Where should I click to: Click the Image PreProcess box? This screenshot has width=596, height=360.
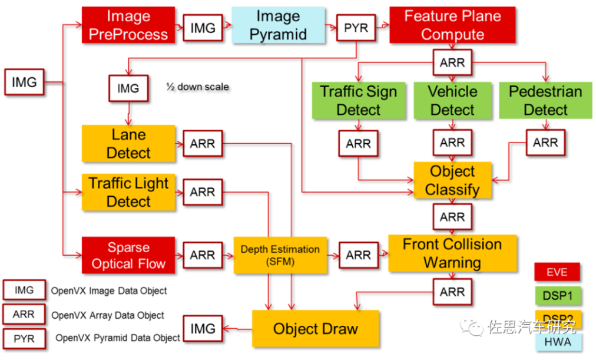(x=128, y=25)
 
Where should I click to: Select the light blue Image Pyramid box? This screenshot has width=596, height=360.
(x=278, y=25)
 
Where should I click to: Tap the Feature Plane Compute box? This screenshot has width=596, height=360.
(x=452, y=25)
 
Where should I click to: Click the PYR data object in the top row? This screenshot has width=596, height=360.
(x=356, y=28)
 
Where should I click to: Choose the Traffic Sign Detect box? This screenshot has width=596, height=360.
(x=359, y=101)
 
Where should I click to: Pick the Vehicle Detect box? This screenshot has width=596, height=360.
(x=452, y=101)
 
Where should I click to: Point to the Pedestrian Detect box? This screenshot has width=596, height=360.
(x=545, y=101)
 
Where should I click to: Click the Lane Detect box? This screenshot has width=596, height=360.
(x=128, y=144)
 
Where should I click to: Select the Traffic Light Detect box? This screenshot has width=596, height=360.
(x=128, y=192)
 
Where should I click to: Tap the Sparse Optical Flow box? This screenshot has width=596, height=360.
(x=128, y=255)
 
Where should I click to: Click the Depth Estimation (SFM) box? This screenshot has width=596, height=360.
(x=280, y=255)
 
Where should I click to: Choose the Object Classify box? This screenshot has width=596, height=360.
(x=452, y=180)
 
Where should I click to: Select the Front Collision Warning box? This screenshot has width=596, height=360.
(x=452, y=253)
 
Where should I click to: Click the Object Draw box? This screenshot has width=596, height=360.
(x=316, y=329)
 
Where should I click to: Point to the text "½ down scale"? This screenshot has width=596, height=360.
(x=198, y=87)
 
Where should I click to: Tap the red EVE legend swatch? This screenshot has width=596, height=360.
(x=557, y=272)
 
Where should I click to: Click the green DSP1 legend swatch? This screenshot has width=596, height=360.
(x=558, y=296)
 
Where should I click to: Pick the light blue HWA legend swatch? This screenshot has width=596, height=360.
(x=558, y=342)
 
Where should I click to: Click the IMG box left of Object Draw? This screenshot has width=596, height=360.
(x=203, y=329)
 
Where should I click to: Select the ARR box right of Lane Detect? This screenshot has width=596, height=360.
(x=203, y=144)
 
